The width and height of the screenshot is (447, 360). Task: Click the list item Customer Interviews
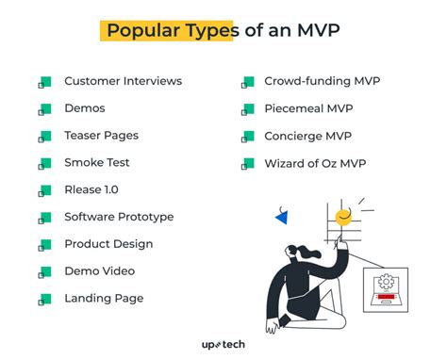click(x=123, y=81)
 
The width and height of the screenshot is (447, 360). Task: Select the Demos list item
click(x=85, y=108)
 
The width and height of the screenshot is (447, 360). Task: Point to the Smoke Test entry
click(x=97, y=163)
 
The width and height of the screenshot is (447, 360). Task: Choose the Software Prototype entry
click(x=119, y=217)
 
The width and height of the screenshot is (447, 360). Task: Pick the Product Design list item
click(x=108, y=244)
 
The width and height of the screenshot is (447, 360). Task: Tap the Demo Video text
click(x=100, y=271)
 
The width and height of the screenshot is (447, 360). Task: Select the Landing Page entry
click(x=104, y=299)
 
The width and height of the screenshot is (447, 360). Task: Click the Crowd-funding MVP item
click(x=323, y=81)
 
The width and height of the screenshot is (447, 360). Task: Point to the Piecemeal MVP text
click(x=308, y=108)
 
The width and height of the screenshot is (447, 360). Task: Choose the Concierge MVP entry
click(x=307, y=136)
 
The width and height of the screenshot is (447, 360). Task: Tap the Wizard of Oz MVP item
click(x=315, y=163)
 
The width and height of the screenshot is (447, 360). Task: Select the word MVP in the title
click(x=319, y=30)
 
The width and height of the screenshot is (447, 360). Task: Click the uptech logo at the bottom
click(x=223, y=345)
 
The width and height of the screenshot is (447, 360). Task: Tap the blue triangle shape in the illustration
click(x=281, y=218)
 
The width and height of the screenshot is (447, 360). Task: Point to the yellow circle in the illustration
click(x=343, y=217)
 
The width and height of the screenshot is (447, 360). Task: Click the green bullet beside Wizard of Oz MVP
click(x=248, y=164)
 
